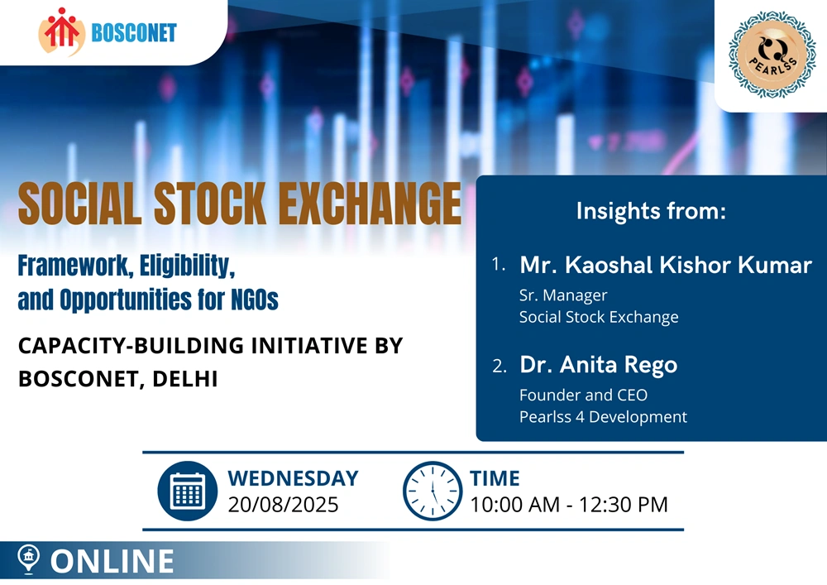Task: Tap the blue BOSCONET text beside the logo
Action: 134,33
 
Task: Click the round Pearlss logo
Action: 772,55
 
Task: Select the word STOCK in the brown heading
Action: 210,204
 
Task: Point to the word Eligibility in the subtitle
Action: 187,266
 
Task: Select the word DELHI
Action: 185,379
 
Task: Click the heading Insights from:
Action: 651,211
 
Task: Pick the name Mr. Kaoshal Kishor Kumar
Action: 666,265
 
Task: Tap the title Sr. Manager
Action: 563,295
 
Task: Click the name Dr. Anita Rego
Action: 598,365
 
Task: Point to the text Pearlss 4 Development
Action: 603,417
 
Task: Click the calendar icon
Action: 187,491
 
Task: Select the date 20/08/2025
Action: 283,505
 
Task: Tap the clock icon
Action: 433,491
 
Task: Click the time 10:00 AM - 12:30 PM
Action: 569,505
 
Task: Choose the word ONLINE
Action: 112,561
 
